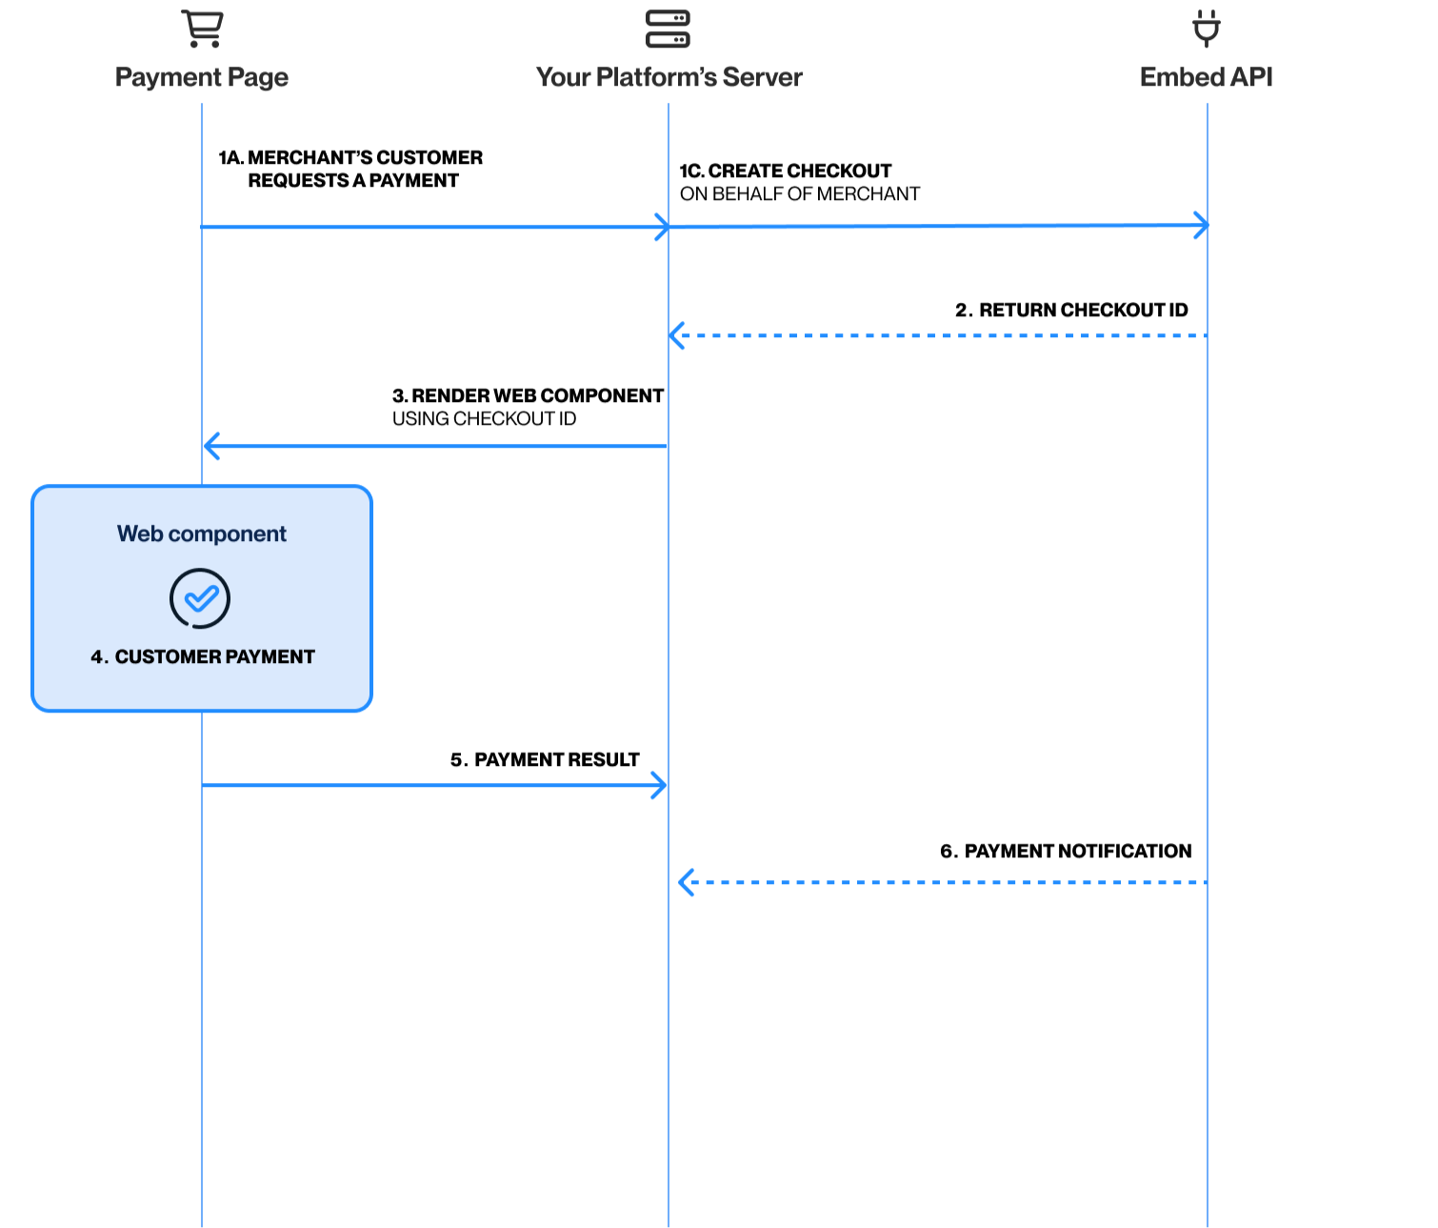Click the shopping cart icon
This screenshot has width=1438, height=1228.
(202, 28)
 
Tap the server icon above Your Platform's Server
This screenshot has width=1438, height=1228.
(668, 29)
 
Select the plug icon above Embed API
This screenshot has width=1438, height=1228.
(1207, 29)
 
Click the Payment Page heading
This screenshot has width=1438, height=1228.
(202, 77)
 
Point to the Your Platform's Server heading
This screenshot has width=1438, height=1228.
(669, 77)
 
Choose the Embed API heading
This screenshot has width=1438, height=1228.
(1206, 77)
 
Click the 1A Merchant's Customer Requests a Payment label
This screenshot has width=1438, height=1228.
(351, 169)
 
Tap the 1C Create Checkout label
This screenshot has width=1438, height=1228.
(786, 171)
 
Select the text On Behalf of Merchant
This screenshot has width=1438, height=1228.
(800, 194)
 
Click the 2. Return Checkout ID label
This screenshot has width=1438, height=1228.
(1071, 310)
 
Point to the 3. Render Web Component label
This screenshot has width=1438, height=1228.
(528, 395)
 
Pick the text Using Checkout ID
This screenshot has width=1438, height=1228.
(484, 419)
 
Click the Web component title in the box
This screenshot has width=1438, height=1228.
(202, 533)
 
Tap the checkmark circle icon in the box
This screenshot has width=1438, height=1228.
(200, 598)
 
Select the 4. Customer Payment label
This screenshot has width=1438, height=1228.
(203, 656)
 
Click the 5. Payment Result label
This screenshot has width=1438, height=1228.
(545, 759)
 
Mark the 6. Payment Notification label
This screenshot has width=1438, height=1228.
(1066, 851)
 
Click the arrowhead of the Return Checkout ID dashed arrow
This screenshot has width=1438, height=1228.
(676, 335)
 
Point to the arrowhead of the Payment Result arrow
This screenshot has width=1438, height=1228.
(660, 785)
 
